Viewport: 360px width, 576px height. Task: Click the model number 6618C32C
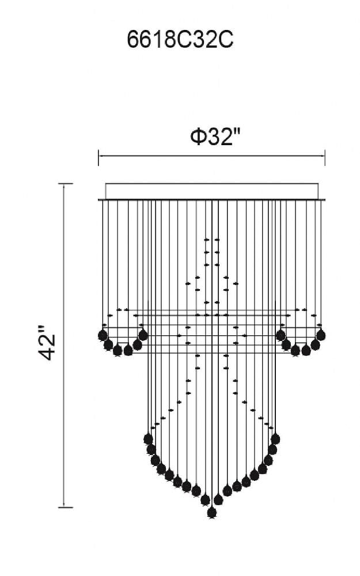point(180,40)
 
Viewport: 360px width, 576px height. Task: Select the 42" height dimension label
point(47,342)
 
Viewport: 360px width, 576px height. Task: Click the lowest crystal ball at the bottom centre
point(211,512)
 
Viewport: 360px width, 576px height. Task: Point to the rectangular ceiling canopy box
point(211,191)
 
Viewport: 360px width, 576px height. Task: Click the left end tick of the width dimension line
point(98,157)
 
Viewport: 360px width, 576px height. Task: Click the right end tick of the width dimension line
point(325,157)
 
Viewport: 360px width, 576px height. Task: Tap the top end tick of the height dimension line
point(66,183)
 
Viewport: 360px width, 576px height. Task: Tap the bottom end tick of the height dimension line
point(66,507)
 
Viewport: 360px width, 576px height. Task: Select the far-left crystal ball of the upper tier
point(103,335)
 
